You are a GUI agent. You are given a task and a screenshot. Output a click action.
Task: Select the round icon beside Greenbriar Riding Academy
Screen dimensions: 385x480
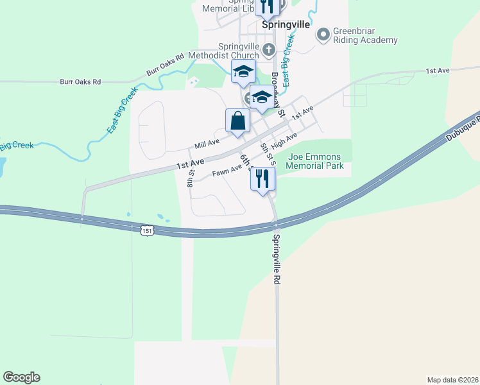pyautogui.click(x=323, y=33)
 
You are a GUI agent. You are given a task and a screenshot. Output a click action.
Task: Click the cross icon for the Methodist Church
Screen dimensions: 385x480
pyautogui.click(x=270, y=49)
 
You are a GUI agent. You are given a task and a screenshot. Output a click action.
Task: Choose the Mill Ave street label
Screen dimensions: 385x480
pyautogui.click(x=207, y=142)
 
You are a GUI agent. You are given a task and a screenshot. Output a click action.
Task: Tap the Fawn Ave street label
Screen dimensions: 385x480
pyautogui.click(x=227, y=171)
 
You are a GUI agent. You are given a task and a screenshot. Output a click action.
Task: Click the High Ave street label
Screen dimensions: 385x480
pyautogui.click(x=284, y=140)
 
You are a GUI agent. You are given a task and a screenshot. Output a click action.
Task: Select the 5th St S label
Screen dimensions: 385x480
pyautogui.click(x=266, y=155)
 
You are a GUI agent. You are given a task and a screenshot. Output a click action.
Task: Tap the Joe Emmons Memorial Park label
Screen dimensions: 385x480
pyautogui.click(x=315, y=161)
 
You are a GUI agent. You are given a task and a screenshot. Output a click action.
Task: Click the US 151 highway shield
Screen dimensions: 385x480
pyautogui.click(x=147, y=230)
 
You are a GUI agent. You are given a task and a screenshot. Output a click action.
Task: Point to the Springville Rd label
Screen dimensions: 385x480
pyautogui.click(x=277, y=259)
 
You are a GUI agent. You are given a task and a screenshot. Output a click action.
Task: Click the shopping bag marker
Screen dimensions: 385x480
pyautogui.click(x=237, y=121)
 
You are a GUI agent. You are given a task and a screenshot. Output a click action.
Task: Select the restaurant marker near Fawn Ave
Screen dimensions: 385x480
pyautogui.click(x=262, y=180)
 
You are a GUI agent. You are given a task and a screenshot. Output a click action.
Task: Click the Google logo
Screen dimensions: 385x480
pyautogui.click(x=21, y=377)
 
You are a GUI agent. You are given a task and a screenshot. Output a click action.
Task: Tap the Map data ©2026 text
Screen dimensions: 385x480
pyautogui.click(x=453, y=379)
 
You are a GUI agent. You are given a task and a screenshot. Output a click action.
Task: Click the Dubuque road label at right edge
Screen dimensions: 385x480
pyautogui.click(x=467, y=126)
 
